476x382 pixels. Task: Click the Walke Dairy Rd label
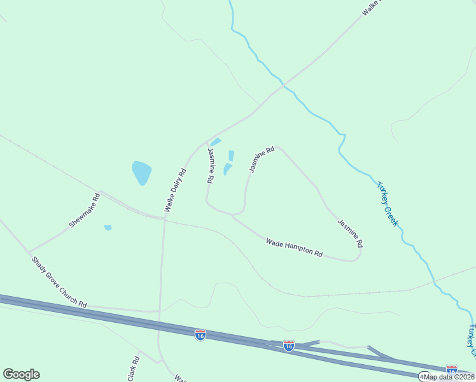click(174, 190)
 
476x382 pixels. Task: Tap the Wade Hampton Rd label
click(294, 247)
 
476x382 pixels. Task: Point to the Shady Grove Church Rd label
click(59, 281)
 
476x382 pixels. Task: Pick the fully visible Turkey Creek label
click(387, 204)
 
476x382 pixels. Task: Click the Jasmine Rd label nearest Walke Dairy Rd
click(211, 166)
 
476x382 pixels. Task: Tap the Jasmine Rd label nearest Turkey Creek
click(351, 233)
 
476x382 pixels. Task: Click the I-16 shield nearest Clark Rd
click(200, 334)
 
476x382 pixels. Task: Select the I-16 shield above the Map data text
click(452, 369)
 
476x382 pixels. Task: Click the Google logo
click(21, 374)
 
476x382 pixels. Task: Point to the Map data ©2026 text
click(448, 377)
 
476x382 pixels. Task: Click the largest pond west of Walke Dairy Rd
click(141, 172)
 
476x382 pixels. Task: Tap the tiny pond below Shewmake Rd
click(108, 227)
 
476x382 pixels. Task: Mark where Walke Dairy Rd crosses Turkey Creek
click(283, 83)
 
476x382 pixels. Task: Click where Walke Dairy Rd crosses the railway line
click(165, 220)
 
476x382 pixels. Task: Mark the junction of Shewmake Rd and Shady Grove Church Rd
click(29, 251)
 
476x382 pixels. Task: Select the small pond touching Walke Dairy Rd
click(216, 141)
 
